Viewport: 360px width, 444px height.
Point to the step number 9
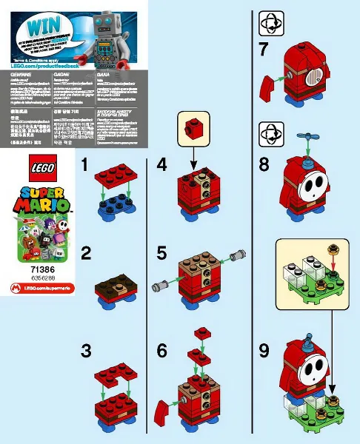click(264, 349)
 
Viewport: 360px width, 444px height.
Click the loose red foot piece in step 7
click(269, 90)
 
